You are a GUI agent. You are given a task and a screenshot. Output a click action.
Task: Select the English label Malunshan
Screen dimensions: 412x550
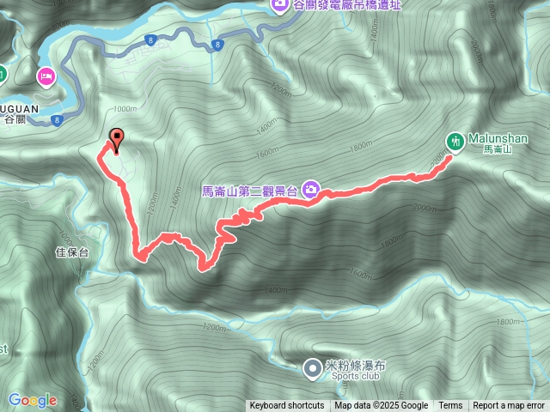498,138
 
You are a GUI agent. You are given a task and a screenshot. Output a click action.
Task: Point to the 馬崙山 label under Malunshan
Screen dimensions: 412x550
497,149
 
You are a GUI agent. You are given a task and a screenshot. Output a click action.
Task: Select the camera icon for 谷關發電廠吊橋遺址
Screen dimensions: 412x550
280,6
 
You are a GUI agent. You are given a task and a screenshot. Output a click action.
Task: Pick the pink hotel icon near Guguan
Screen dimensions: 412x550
45,77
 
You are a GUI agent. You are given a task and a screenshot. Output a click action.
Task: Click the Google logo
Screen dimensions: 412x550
33,400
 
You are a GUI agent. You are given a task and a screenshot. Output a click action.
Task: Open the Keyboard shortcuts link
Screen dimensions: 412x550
287,406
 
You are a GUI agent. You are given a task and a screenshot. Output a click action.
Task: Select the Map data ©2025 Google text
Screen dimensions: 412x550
382,406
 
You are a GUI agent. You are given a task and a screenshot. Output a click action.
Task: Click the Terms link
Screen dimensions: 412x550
450,406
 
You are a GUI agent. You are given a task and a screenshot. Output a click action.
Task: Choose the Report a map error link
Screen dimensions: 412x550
509,406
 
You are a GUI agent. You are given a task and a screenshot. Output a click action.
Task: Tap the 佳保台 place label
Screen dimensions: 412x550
72,252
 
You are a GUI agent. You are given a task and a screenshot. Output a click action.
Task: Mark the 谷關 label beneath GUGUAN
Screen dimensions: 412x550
16,120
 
